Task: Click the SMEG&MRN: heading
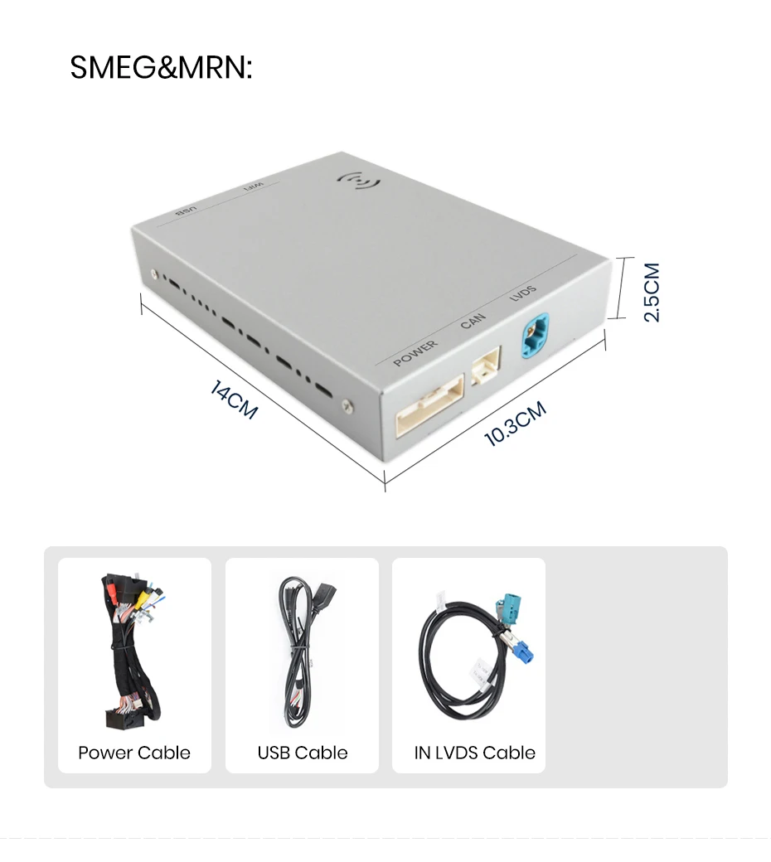click(x=161, y=67)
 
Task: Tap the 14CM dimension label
click(x=233, y=400)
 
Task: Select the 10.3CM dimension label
click(x=516, y=423)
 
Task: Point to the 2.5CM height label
click(x=651, y=292)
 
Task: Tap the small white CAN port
click(x=486, y=365)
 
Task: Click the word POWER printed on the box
click(x=415, y=353)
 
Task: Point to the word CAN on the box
click(x=473, y=321)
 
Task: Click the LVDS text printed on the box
click(x=522, y=293)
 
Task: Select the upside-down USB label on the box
click(x=186, y=211)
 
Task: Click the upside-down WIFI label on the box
click(x=254, y=187)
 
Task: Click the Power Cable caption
click(x=134, y=752)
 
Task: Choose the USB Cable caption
click(x=303, y=752)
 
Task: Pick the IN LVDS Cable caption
click(x=474, y=752)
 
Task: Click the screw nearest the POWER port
click(x=347, y=406)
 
